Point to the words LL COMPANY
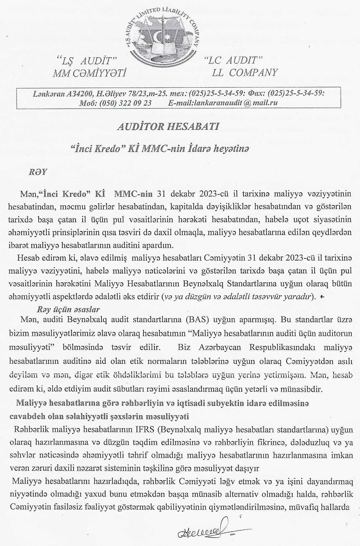(x=245, y=73)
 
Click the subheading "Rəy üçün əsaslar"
(x=68, y=309)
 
